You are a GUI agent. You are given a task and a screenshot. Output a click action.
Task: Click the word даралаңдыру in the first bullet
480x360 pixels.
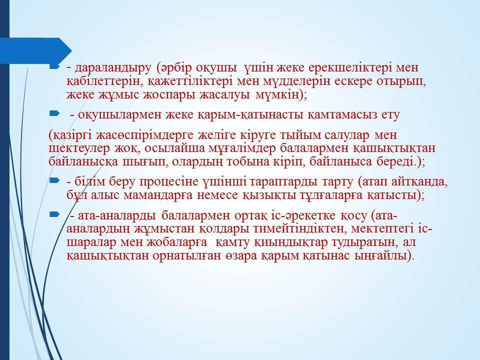pos(113,68)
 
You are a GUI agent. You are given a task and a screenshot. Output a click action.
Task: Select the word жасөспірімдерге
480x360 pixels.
pos(145,135)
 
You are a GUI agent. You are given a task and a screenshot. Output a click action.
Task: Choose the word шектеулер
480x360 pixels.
pos(79,148)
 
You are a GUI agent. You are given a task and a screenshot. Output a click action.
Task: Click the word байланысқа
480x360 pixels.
pos(83,161)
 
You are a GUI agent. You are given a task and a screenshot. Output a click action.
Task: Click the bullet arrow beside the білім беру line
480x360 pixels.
pos(54,181)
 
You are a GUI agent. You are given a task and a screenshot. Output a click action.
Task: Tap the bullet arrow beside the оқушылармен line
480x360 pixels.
pos(54,114)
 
